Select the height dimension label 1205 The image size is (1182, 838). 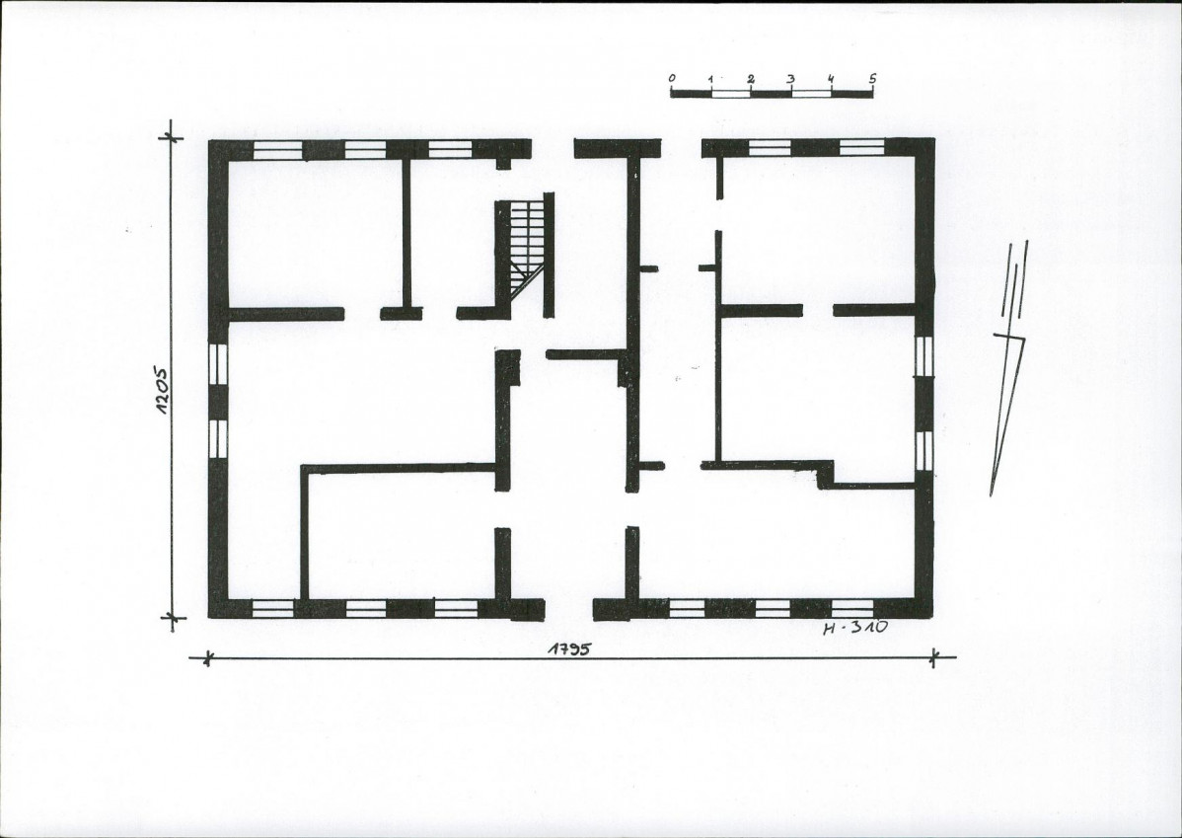(163, 391)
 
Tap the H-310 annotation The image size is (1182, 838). (854, 627)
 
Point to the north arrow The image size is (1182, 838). (1008, 368)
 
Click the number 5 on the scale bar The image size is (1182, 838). (872, 78)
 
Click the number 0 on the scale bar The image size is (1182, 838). (672, 78)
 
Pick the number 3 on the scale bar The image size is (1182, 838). (790, 78)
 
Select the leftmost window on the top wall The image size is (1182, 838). (277, 149)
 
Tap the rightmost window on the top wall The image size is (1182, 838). (861, 147)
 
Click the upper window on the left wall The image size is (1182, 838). (218, 363)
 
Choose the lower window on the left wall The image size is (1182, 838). (218, 439)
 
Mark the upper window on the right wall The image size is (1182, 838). (924, 356)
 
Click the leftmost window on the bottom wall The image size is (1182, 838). (272, 609)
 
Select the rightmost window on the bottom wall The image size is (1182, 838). (852, 608)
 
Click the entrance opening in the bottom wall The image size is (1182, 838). (569, 609)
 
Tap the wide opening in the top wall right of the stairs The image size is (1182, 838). (682, 148)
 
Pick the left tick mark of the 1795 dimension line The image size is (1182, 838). (206, 658)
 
